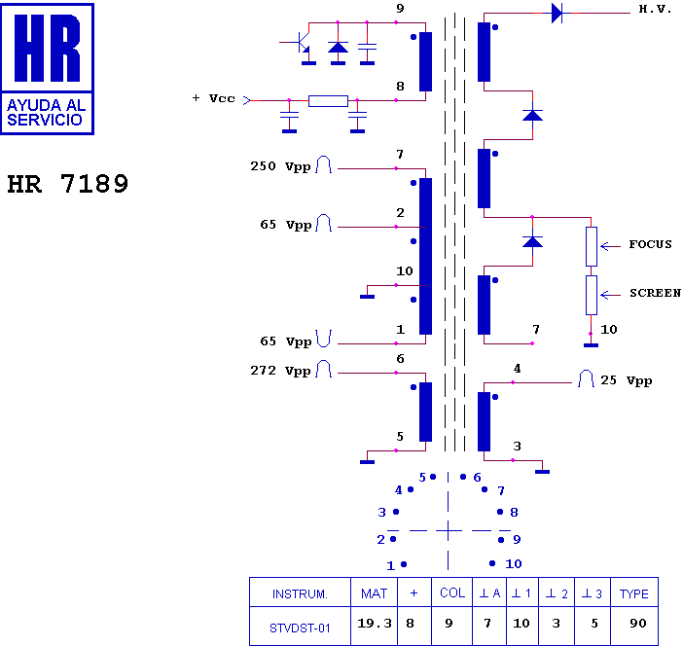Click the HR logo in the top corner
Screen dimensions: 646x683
coord(48,68)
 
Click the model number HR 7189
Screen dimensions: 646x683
coord(68,184)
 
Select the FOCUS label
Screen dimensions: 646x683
coord(650,244)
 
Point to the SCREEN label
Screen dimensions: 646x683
coord(655,293)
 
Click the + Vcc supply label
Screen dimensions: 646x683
coord(213,98)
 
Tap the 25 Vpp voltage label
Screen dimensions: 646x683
coord(626,380)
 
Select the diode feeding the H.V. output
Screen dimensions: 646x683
coord(557,13)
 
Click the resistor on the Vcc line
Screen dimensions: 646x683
coord(328,100)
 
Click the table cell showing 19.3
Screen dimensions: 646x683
coord(375,624)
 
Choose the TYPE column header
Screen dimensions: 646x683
coord(634,593)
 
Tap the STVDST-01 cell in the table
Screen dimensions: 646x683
coord(300,628)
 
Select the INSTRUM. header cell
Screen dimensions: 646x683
coord(300,593)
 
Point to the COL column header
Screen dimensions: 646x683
coord(452,593)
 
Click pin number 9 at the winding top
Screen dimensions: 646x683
coord(400,9)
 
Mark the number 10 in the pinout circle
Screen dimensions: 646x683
coord(514,563)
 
